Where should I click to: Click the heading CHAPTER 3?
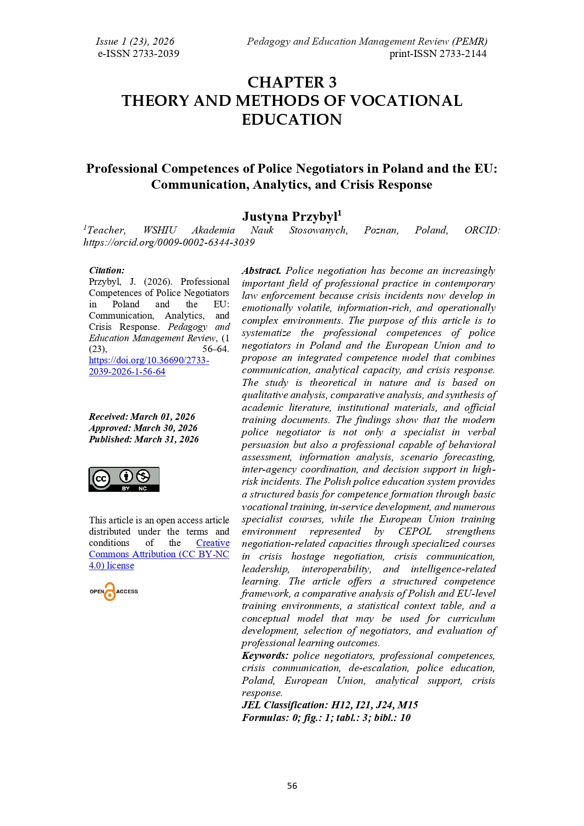292,82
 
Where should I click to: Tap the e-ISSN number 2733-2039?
138,54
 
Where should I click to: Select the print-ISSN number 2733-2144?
438,54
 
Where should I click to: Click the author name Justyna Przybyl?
290,217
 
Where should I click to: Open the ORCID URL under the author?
169,242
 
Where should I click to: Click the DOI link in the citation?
149,366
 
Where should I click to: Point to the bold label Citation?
107,270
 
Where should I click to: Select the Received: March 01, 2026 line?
142,417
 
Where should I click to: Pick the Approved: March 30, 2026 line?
143,428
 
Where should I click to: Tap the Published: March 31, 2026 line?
144,439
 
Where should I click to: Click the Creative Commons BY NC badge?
124,479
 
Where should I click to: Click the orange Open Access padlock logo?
110,592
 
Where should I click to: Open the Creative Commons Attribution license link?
159,554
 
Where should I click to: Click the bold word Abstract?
261,271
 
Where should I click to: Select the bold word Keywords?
265,656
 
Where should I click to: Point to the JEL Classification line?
329,705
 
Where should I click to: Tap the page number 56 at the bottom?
292,786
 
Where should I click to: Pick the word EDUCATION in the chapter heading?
292,120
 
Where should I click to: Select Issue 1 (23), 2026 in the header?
135,41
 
